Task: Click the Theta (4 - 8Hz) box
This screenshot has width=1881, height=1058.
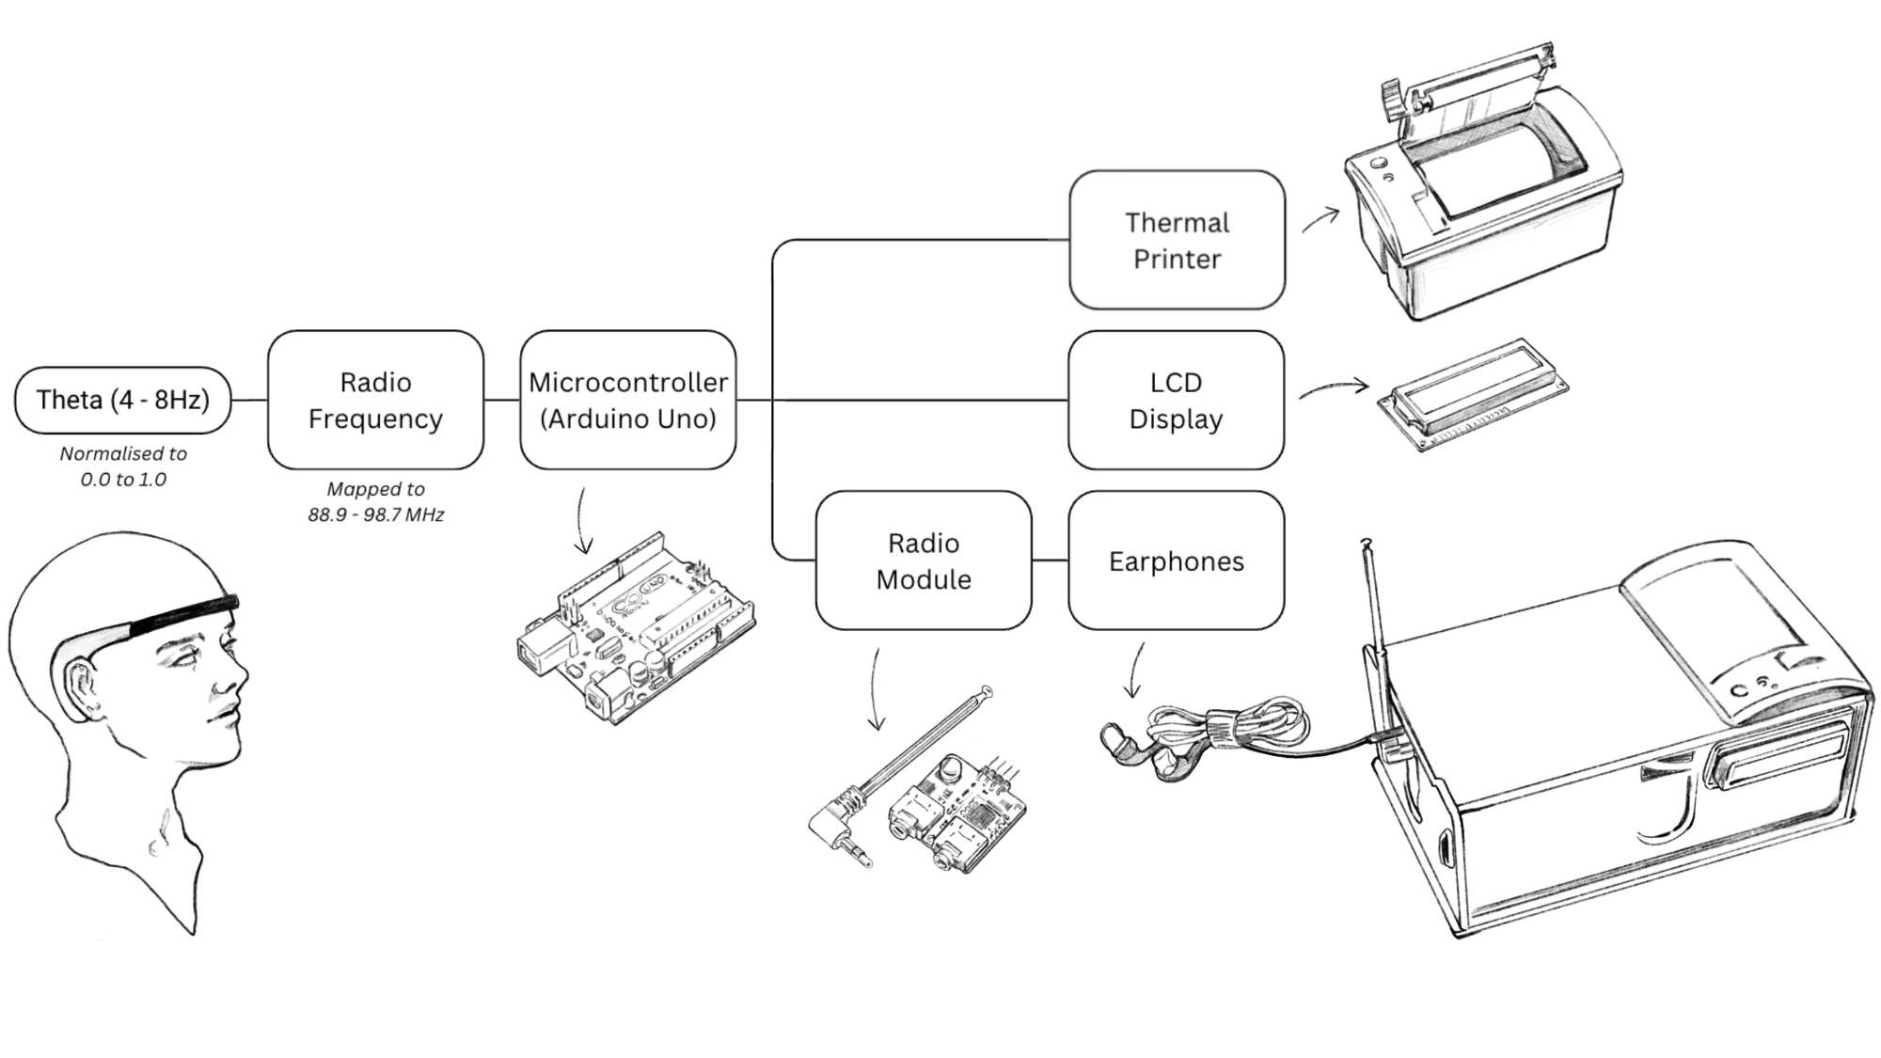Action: (x=122, y=400)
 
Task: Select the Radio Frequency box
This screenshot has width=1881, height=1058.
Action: (x=375, y=400)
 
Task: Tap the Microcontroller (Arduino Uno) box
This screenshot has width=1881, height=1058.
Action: (x=627, y=400)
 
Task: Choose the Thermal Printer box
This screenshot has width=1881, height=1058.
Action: (x=1177, y=240)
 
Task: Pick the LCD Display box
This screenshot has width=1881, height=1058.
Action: (x=1176, y=400)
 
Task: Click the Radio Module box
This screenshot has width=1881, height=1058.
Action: (x=923, y=561)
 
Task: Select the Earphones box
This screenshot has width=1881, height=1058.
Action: (x=1176, y=561)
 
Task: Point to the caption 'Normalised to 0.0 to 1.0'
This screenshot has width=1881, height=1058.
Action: (x=123, y=466)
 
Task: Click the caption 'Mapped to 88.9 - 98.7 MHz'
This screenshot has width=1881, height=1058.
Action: (x=375, y=501)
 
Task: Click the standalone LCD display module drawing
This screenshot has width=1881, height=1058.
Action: (x=1473, y=395)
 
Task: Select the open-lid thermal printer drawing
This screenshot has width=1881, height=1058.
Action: (x=1481, y=188)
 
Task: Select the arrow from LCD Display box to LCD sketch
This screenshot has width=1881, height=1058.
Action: (x=1334, y=387)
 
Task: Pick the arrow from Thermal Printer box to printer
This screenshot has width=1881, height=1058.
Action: (x=1320, y=221)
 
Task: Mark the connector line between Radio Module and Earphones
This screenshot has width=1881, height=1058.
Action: (x=1050, y=561)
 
